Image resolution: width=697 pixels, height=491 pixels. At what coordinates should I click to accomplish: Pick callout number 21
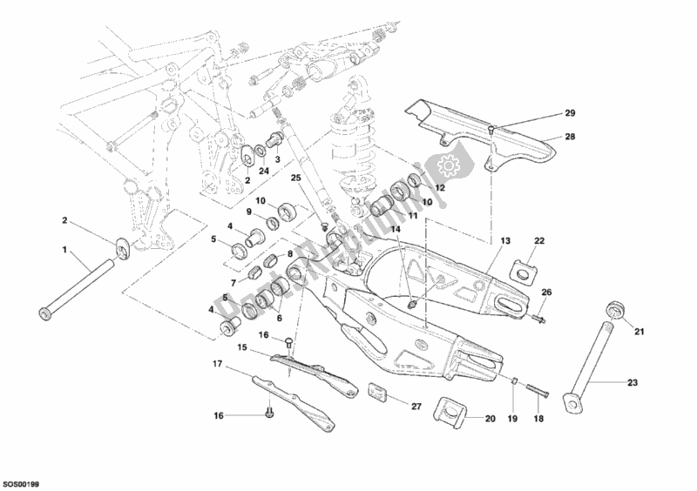coord(638,332)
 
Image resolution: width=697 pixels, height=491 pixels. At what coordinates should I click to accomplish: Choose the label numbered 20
coord(490,419)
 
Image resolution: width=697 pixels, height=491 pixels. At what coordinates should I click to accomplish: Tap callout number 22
coord(539,241)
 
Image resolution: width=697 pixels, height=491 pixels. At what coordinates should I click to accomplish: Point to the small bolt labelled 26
coord(538,319)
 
